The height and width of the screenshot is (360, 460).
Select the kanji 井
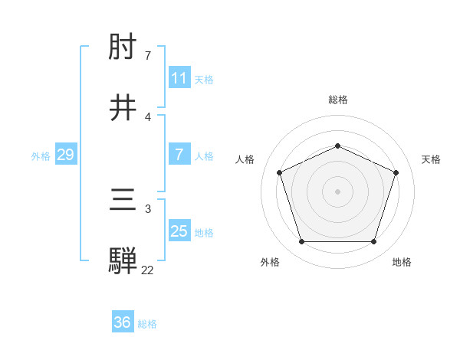124,108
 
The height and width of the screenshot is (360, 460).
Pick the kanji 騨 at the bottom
124,261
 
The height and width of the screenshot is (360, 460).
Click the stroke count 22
147,270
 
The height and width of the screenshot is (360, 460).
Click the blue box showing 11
179,78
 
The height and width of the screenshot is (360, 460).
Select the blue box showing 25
179,231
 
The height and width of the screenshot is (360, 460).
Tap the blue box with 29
65,155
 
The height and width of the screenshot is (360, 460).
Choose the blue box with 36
123,322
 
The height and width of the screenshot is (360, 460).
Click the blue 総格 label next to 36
147,324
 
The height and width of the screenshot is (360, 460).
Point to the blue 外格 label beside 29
41,156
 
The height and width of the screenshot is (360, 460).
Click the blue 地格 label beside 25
204,233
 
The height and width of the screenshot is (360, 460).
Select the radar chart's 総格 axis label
337,100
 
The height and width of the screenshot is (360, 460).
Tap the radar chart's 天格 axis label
431,159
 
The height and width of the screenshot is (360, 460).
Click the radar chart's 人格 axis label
245,159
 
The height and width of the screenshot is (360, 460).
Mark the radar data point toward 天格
396,172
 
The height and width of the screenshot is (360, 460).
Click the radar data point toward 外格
301,242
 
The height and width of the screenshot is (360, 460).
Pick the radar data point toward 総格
337,146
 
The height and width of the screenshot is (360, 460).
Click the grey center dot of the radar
337,191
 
